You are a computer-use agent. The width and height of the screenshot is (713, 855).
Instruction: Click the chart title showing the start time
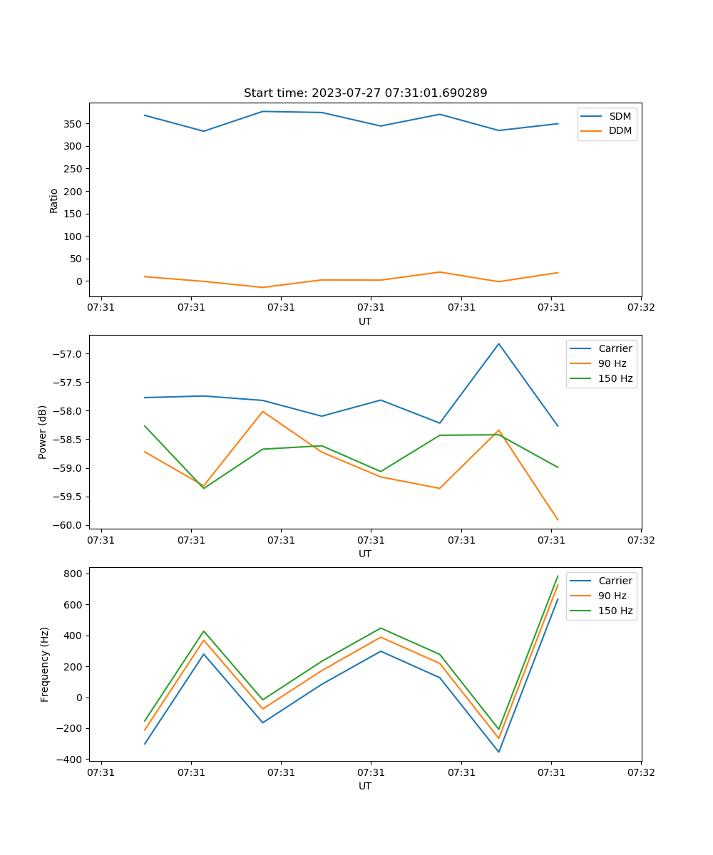click(365, 93)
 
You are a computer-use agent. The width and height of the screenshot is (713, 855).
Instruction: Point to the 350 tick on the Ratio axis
click(73, 124)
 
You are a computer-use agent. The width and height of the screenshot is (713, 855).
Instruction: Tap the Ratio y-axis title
click(54, 200)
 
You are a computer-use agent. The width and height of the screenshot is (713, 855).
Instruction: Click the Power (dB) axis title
click(43, 432)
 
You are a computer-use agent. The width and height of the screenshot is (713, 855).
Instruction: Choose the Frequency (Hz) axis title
click(45, 664)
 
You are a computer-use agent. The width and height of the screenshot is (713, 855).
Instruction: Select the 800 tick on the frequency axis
click(75, 574)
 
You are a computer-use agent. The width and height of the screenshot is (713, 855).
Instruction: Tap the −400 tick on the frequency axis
click(71, 760)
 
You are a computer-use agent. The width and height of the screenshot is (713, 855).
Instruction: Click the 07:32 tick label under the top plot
click(640, 308)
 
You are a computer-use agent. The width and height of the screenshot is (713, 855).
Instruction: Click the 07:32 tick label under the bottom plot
click(640, 772)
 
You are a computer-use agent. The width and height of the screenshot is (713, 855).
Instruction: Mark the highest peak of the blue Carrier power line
click(498, 344)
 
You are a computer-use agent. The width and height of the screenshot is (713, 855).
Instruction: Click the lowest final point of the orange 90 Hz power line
click(558, 520)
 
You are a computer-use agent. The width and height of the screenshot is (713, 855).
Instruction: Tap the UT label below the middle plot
click(365, 554)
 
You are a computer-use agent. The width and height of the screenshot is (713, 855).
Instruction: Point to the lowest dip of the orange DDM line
click(262, 287)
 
